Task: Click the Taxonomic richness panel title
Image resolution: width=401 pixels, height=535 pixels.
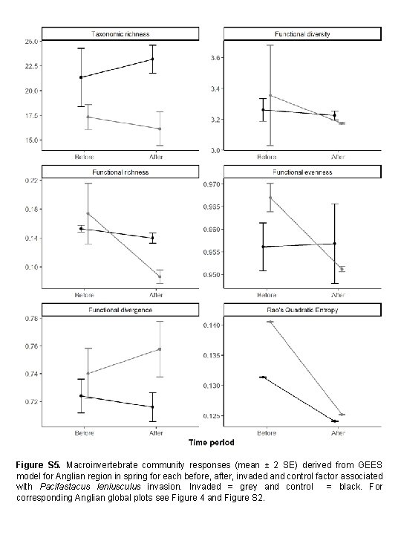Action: pos(120,33)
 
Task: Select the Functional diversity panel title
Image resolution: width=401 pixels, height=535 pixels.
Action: pos(302,33)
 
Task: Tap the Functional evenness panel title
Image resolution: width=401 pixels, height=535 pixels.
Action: pos(302,172)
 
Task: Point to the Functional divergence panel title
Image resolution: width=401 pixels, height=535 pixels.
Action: pos(120,308)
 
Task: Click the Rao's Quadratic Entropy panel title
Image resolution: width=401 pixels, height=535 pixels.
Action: pos(302,308)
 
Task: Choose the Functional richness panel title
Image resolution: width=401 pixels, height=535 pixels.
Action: pos(120,172)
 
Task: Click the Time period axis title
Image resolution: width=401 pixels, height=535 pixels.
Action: pos(211,443)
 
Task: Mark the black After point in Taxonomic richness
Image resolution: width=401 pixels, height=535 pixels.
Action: pos(152,59)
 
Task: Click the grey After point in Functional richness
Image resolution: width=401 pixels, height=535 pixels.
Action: pos(159,276)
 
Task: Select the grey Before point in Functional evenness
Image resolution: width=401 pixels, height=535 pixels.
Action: pos(270,198)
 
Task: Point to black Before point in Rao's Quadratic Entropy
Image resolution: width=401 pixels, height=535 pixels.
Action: pos(263,377)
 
